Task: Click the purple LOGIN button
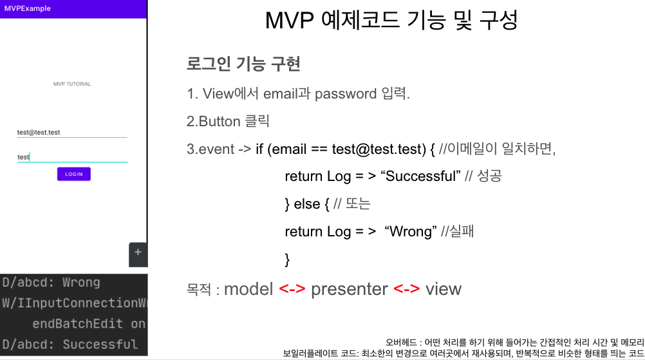73,174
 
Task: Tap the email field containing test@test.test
72,133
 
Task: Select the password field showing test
72,157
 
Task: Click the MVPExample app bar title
28,8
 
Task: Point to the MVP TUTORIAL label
72,84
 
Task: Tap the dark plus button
138,252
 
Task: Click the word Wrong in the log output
81,282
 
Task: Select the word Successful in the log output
100,344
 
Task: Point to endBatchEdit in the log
77,323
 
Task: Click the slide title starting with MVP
391,20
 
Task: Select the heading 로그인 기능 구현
243,64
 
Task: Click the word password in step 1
346,94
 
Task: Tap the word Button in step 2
220,121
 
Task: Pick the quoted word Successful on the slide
421,176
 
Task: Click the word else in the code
307,204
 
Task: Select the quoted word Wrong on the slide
411,232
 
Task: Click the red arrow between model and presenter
292,289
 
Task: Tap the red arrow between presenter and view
406,289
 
